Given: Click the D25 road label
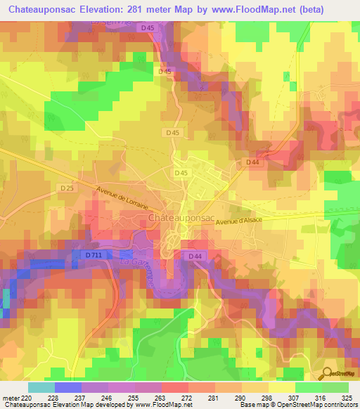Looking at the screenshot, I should (67, 188).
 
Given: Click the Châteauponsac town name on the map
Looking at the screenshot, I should (182, 219).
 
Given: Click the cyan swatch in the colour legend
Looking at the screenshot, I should (41, 387).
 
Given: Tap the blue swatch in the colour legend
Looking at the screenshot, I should (67, 387).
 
